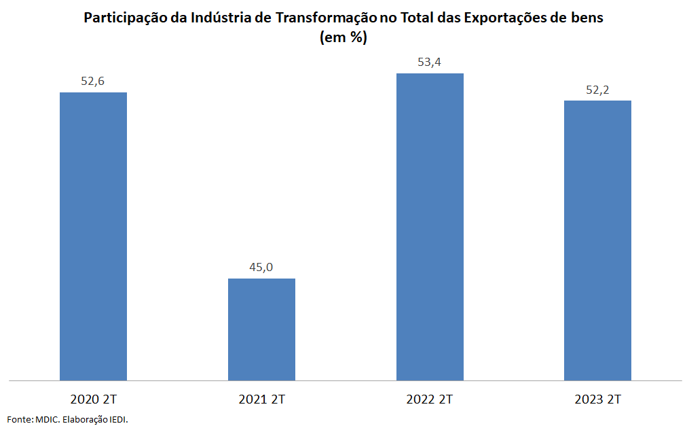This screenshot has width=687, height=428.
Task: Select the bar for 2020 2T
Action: pos(93,236)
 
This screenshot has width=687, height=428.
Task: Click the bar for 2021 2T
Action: pos(261,329)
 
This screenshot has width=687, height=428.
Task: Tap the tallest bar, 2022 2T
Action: pos(430,226)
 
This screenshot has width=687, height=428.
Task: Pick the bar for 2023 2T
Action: pos(597,240)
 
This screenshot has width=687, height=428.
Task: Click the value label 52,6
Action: pos(93,81)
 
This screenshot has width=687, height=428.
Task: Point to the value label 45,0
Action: pos(261,267)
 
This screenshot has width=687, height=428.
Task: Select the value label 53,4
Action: pos(430,62)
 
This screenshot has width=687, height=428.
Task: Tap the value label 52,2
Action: pos(597,89)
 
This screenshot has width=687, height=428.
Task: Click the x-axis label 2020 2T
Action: pos(93,399)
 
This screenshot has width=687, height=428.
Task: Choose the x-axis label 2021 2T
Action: pos(261,399)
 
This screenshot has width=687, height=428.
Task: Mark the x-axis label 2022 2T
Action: pos(430,399)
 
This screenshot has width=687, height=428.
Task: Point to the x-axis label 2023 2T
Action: pos(597,399)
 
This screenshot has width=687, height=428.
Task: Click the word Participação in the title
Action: pos(125,18)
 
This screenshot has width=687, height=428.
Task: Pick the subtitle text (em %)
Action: pos(343,38)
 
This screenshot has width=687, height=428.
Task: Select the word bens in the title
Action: pos(586,18)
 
